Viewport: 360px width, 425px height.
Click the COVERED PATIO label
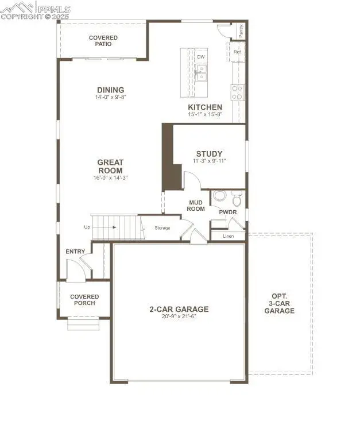click(103, 41)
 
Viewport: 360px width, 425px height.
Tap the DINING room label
click(110, 90)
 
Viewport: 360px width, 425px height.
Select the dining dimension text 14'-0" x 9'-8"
click(110, 98)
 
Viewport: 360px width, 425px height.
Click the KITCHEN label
click(205, 107)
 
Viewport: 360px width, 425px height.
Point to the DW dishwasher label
click(201, 57)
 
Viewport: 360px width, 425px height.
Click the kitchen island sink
click(201, 71)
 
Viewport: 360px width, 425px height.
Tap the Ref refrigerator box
click(237, 52)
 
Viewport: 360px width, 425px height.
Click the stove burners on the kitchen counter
click(237, 92)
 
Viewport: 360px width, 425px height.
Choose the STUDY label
click(209, 154)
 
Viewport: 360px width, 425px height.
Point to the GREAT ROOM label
click(110, 167)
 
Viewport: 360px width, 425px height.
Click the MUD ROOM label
click(197, 205)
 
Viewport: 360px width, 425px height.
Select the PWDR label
click(228, 212)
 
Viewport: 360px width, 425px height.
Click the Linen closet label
click(228, 236)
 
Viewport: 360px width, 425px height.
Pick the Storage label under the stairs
click(162, 228)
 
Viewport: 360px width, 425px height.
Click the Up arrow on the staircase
click(115, 227)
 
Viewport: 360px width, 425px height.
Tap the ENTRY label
click(75, 252)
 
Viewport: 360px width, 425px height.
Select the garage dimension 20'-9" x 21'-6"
click(179, 317)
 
